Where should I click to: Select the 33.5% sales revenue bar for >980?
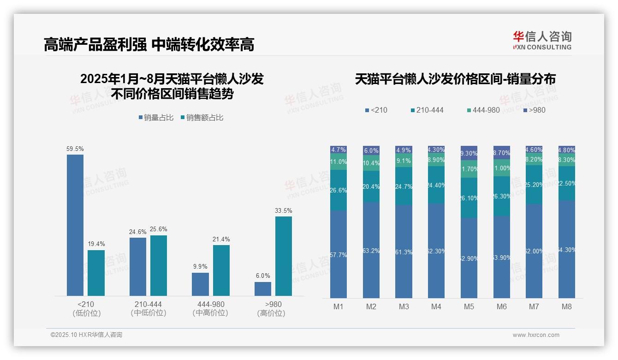click(x=284, y=256)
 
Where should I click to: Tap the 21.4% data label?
click(x=221, y=240)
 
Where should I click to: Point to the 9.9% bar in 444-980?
click(x=200, y=284)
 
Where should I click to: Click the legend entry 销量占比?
click(x=156, y=118)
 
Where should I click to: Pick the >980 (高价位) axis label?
click(x=273, y=308)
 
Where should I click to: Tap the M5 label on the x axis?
click(x=469, y=306)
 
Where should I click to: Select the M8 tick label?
click(x=567, y=306)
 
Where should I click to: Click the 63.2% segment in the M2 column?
click(x=371, y=250)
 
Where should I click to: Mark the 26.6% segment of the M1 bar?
click(x=339, y=190)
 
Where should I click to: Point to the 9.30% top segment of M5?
click(x=469, y=153)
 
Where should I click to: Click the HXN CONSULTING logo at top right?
click(x=542, y=41)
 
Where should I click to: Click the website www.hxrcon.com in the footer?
click(x=536, y=335)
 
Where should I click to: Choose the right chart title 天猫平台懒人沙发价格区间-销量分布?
click(x=455, y=79)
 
